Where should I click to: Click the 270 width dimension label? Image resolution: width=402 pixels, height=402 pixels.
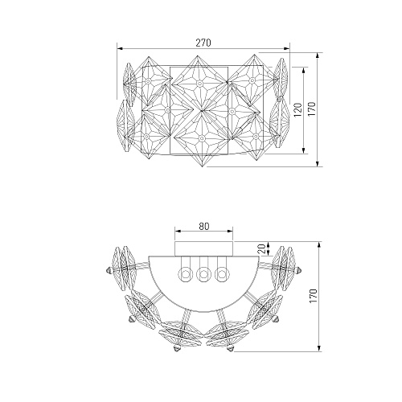point(203,43)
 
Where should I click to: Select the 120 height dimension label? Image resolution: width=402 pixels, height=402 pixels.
point(298,110)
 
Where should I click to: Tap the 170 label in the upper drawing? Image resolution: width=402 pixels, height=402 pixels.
point(312,109)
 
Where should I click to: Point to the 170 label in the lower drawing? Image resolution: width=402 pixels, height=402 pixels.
point(314,296)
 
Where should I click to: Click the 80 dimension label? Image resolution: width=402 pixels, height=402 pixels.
point(204,227)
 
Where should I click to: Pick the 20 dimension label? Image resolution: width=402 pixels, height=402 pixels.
point(263,249)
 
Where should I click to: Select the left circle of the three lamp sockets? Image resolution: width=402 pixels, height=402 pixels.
point(185,274)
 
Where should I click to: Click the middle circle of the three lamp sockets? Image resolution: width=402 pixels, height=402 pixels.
point(203,274)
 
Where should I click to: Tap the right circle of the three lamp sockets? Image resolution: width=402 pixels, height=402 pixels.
point(222,274)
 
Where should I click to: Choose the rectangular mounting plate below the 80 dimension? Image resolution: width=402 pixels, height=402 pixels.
point(204,248)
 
